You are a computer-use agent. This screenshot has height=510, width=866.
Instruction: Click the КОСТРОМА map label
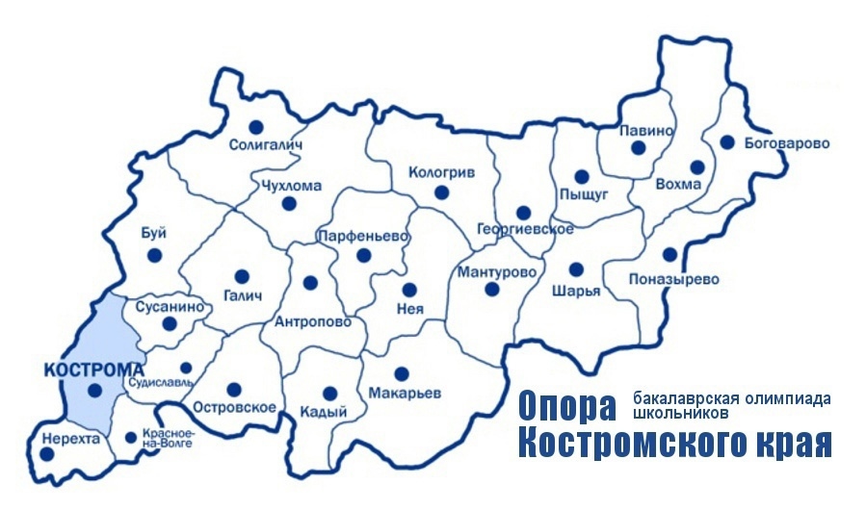click(93, 369)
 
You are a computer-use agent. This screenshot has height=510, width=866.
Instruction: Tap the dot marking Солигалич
click(255, 126)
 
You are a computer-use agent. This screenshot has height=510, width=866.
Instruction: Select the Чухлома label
click(291, 187)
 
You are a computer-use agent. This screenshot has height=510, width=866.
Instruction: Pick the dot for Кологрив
click(441, 192)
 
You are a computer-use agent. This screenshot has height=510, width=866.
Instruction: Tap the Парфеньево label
click(362, 236)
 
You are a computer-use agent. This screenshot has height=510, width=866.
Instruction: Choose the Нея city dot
click(409, 289)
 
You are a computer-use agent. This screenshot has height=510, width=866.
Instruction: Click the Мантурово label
click(497, 271)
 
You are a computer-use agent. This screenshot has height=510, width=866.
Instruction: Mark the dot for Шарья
click(576, 269)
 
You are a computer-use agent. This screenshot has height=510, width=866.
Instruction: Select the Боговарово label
click(787, 144)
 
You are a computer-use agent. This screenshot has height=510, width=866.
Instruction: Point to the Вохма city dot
click(697, 166)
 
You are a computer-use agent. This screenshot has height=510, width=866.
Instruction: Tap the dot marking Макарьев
click(402, 372)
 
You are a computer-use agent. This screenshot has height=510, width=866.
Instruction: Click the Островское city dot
click(233, 390)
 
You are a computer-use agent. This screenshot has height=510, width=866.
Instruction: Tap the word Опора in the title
click(566, 406)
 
